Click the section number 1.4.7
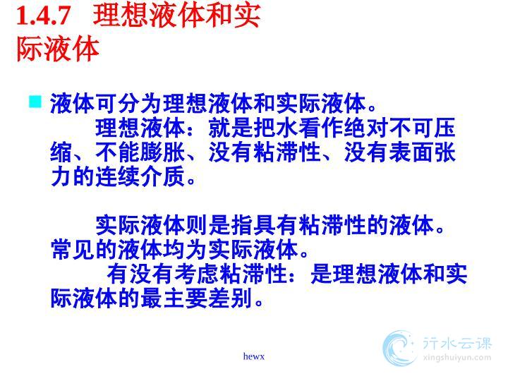pos(44,16)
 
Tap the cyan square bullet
pos(35,101)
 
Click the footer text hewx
pos(254,356)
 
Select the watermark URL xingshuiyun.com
pos(456,358)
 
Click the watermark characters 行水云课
pos(457,343)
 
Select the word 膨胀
pos(163,152)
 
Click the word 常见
pos(73,250)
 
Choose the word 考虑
pos(197,274)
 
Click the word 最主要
pos(174,298)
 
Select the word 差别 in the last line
pos(230,298)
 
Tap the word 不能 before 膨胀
pos(118,152)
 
